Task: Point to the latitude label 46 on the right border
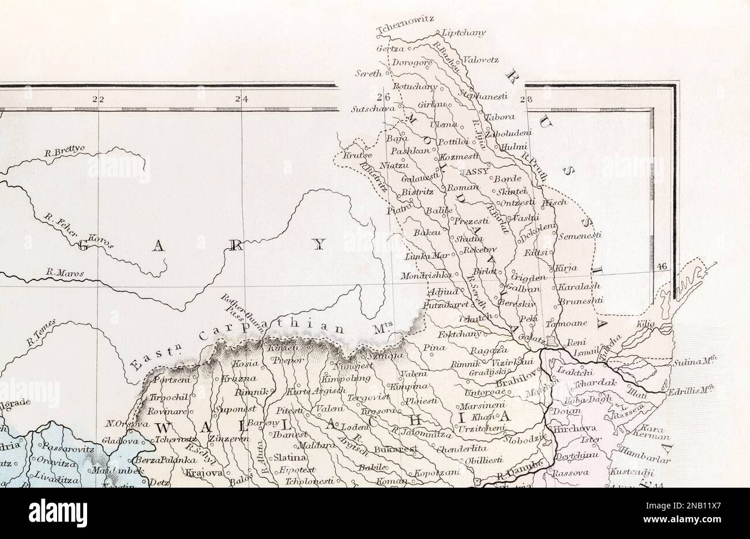(x=661, y=266)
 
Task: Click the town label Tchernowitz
(x=404, y=27)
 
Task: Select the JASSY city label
(x=474, y=172)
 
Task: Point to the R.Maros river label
(x=65, y=273)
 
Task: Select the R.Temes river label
(x=40, y=333)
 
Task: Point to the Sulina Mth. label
(x=694, y=363)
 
